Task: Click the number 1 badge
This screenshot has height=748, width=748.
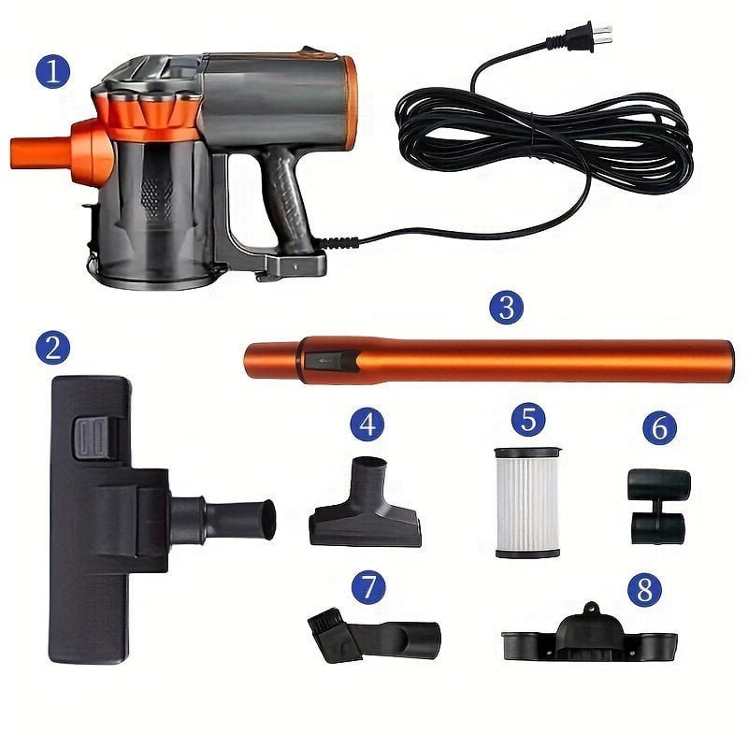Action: coord(52,72)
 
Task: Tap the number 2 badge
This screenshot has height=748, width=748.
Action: coord(52,347)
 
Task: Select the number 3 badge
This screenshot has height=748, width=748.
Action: coord(506,308)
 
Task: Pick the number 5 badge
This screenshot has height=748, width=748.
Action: coord(528,419)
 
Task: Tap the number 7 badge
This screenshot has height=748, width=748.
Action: coord(368,587)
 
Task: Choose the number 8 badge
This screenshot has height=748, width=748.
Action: coord(644,589)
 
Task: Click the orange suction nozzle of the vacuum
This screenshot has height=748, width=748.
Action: coord(40,152)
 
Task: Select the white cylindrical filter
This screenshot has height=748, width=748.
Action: coord(527,503)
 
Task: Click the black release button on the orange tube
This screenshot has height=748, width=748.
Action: coord(332,361)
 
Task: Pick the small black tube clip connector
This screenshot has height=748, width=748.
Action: coord(659,506)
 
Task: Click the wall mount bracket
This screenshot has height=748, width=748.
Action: coord(590,634)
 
